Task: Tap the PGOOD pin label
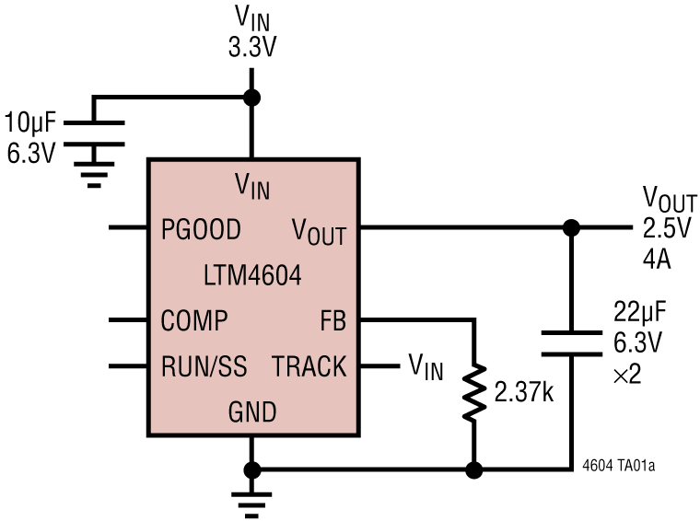(201, 228)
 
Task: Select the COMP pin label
(194, 320)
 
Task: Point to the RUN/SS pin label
(204, 367)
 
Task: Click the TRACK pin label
(309, 367)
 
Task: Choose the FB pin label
(332, 321)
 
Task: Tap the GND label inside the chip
(252, 411)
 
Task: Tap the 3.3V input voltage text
(252, 48)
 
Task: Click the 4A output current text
(657, 260)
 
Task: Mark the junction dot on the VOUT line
(571, 227)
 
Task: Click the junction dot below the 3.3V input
(251, 97)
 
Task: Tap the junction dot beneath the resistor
(473, 470)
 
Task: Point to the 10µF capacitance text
(30, 122)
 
